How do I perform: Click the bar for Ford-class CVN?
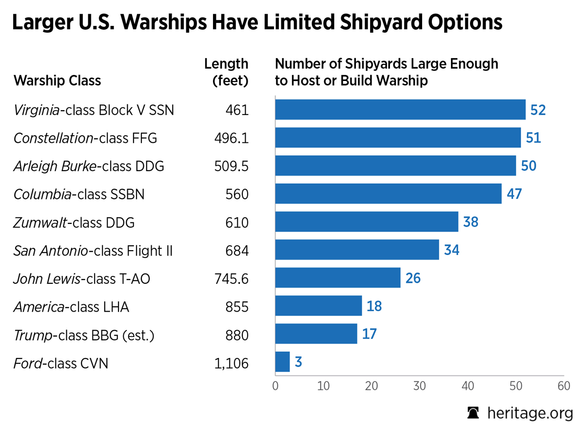[283, 362]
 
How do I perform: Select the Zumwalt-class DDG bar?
[367, 222]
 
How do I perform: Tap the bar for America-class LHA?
[318, 306]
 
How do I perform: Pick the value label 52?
[538, 110]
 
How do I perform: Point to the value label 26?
[412, 278]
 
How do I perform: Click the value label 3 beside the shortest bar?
[298, 362]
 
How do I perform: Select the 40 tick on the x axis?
[468, 386]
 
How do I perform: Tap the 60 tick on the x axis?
[564, 386]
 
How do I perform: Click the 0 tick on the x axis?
[275, 386]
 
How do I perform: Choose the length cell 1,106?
[232, 363]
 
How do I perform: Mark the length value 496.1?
[232, 138]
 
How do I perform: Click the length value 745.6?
[232, 278]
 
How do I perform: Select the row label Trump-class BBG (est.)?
[84, 335]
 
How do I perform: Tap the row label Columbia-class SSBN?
[79, 195]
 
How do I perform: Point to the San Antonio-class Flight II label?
[93, 251]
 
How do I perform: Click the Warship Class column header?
[58, 80]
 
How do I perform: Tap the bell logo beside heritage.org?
[473, 413]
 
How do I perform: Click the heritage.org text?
[530, 413]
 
